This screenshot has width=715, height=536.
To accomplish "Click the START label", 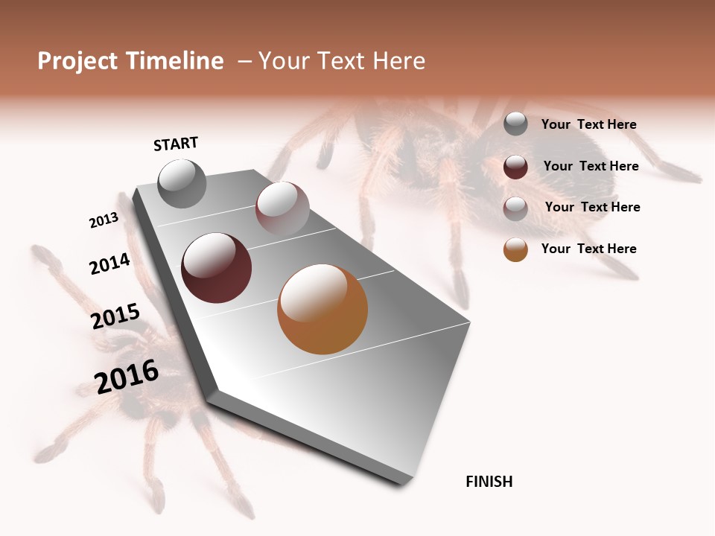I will (176, 144).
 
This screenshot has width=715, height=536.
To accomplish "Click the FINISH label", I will (489, 482).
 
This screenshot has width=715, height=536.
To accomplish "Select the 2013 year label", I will (104, 220).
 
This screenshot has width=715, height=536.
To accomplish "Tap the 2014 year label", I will (109, 264).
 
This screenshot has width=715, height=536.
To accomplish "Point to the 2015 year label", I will (115, 316).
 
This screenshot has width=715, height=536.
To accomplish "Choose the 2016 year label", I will (127, 377).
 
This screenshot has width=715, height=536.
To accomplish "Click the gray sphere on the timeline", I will (182, 183).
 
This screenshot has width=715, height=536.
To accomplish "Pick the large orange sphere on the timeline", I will (322, 309).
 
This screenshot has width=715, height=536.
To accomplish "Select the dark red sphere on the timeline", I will (216, 268).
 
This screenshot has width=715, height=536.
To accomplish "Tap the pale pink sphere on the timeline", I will (282, 208).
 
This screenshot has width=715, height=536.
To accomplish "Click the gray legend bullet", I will (515, 124).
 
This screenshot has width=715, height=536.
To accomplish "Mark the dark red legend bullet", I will (515, 167).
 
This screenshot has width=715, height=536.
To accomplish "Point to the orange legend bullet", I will (515, 249).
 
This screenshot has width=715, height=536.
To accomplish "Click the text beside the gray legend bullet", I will (588, 124).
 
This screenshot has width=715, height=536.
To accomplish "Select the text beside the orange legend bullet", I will (588, 249).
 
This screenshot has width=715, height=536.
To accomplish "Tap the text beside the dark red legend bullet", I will (591, 166).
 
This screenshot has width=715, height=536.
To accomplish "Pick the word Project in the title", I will (77, 61).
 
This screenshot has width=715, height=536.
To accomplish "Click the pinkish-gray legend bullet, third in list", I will (515, 208).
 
